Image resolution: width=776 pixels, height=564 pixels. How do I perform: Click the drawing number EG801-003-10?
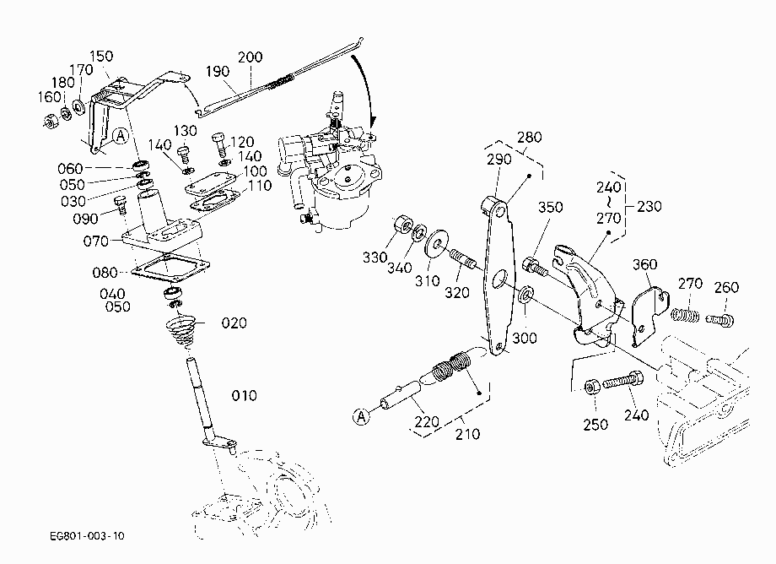coord(87,536)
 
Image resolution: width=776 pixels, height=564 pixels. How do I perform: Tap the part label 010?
coord(244,396)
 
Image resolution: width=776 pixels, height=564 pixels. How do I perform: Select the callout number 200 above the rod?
coord(250,57)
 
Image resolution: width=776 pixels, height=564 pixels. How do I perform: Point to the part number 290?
coord(498,160)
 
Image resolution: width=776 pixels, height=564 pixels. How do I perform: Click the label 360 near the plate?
coord(645,264)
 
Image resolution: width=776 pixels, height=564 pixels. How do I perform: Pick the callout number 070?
coord(95,241)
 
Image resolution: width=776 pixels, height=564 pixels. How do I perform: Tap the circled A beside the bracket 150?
coord(121,136)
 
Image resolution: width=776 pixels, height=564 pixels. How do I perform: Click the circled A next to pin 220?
coord(362,416)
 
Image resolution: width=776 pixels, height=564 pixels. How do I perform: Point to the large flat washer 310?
coord(436,244)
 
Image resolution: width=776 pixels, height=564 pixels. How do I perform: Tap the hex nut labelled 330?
coord(403,225)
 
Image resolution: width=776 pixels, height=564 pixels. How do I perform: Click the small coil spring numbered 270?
coord(686,314)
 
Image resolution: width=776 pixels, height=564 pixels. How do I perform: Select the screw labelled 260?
coord(719,320)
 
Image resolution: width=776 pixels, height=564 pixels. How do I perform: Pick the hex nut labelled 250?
coord(592,386)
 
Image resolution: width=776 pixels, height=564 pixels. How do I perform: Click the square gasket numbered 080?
coord(170,268)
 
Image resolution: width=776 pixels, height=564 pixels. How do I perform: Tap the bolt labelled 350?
coord(535,267)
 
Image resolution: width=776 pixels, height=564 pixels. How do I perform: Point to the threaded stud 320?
coord(463,259)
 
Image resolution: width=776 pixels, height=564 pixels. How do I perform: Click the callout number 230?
coord(649,206)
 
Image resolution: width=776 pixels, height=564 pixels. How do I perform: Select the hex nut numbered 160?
coord(51,121)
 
